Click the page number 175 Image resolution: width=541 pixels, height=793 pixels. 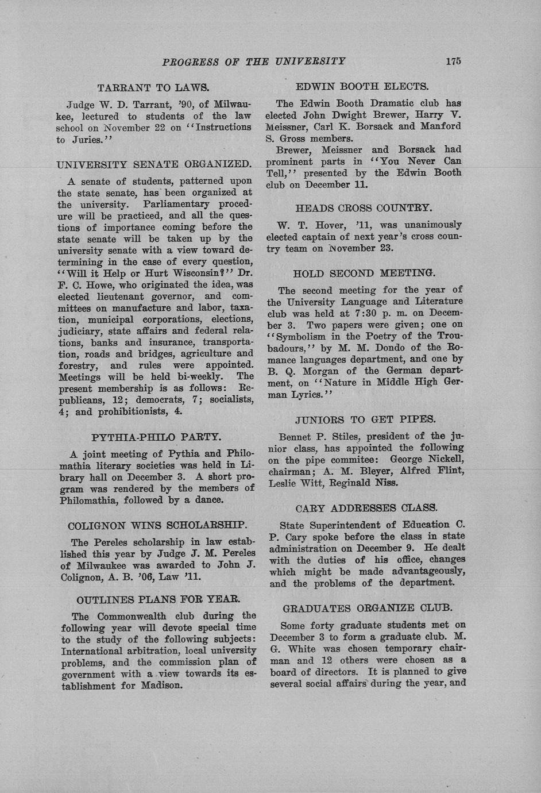point(453,61)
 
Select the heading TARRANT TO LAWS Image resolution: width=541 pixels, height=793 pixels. point(153,88)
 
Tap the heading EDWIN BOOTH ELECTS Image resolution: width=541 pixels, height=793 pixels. point(362,87)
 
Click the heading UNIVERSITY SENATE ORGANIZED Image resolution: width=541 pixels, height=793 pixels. point(154,164)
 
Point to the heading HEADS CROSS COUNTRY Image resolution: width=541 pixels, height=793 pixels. point(364,208)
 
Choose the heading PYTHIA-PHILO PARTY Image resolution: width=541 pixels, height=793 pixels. point(156,437)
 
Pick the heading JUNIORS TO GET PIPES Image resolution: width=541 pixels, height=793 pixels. point(365,419)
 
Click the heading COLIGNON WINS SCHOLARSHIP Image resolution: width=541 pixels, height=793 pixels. point(157,525)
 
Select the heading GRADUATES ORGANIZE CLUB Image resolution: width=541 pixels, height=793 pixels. point(368,608)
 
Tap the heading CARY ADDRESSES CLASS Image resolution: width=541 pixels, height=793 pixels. point(366,508)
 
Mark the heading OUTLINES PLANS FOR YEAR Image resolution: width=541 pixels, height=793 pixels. point(158,600)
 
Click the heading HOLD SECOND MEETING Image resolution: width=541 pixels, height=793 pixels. point(364,274)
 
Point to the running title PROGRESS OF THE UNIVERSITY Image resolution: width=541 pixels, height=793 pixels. point(254,61)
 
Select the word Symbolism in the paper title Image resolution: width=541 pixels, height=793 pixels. point(301,336)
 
